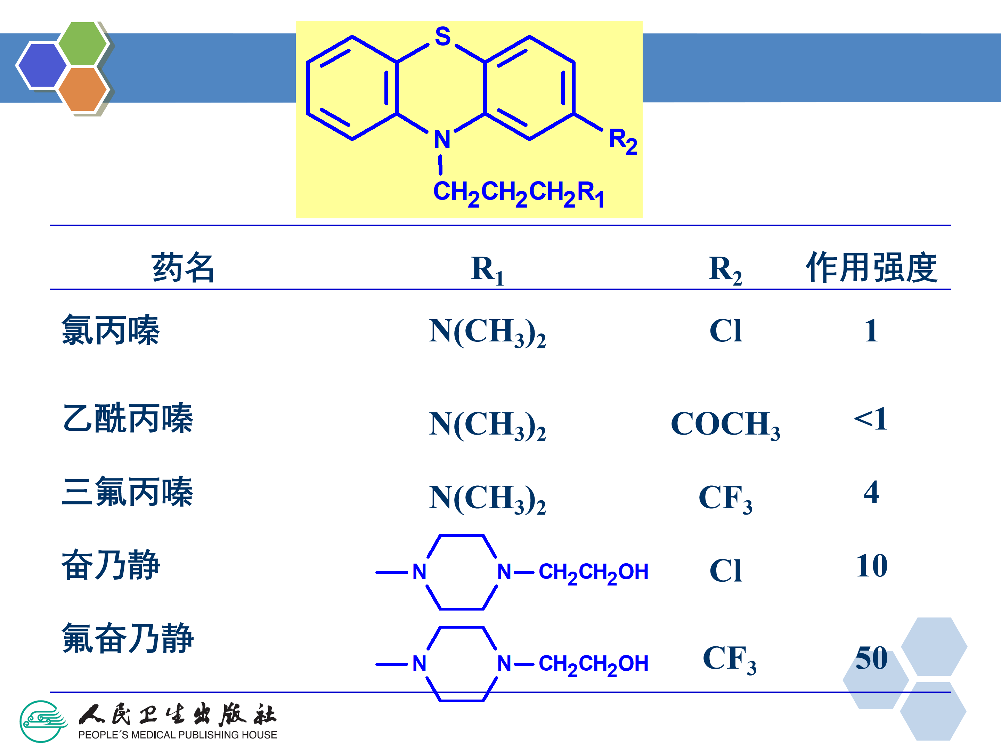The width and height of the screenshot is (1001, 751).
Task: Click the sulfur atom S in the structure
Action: (x=442, y=37)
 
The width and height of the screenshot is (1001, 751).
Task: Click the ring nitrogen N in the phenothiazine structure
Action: (x=442, y=139)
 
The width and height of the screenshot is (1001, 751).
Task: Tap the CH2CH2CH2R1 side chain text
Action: (x=519, y=193)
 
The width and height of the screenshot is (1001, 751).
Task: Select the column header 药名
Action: (x=183, y=267)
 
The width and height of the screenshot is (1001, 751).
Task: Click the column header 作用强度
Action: (x=871, y=267)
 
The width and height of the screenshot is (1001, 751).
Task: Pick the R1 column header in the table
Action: (x=487, y=269)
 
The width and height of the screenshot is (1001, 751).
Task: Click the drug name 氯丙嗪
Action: (x=111, y=330)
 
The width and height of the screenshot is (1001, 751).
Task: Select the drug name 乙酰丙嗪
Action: (x=128, y=418)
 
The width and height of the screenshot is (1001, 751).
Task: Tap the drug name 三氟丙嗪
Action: (x=128, y=492)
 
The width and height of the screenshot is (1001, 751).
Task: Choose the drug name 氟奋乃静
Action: (x=128, y=638)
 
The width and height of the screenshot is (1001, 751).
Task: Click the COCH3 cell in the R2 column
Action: (x=725, y=425)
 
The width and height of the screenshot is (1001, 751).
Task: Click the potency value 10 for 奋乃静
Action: (x=872, y=566)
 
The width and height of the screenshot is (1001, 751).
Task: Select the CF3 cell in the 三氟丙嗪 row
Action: (x=725, y=498)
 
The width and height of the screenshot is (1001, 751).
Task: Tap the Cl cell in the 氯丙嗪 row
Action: (x=725, y=331)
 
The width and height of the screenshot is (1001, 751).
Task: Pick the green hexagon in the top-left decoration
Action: (x=82, y=44)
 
